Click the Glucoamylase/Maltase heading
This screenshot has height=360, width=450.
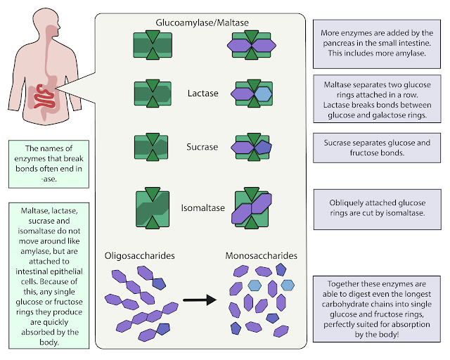point(202,22)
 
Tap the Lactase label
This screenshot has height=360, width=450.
point(203,94)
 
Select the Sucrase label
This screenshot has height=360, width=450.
point(202,147)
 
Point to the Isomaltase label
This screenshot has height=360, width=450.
point(203,208)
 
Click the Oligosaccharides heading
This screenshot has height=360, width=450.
point(139,256)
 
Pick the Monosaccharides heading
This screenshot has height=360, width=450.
point(261,256)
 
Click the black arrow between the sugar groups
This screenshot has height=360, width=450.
point(200,300)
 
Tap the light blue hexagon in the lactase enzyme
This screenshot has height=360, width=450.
point(263,94)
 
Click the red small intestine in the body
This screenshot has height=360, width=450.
point(44,97)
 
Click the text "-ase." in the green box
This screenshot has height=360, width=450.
point(49,179)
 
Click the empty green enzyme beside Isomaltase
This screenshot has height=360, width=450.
point(153,208)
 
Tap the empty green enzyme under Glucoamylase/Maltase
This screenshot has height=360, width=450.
point(153,45)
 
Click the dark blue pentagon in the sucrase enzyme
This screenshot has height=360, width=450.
point(263,147)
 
